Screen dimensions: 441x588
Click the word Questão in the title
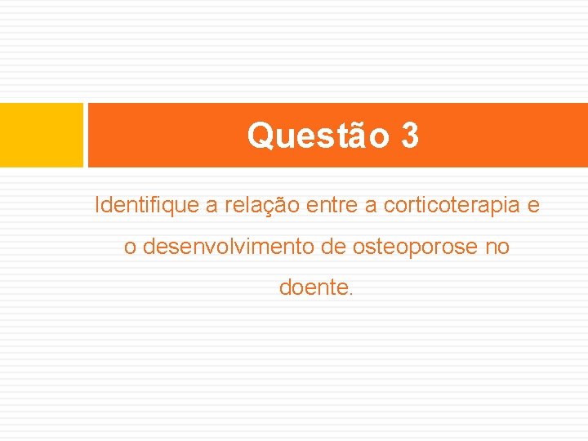[x=318, y=136]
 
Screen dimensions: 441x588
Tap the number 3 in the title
[x=410, y=136]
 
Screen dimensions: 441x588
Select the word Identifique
[x=147, y=205]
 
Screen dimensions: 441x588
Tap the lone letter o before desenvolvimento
[x=130, y=247]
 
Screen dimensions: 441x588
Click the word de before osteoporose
[x=335, y=247]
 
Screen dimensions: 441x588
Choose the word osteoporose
[x=416, y=247]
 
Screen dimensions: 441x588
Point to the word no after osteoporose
[x=497, y=247]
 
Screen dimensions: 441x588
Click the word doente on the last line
[x=313, y=288]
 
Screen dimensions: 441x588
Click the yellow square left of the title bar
[x=42, y=135]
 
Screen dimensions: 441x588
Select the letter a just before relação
[x=212, y=206]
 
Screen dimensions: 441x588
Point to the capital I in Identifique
[x=98, y=205]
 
